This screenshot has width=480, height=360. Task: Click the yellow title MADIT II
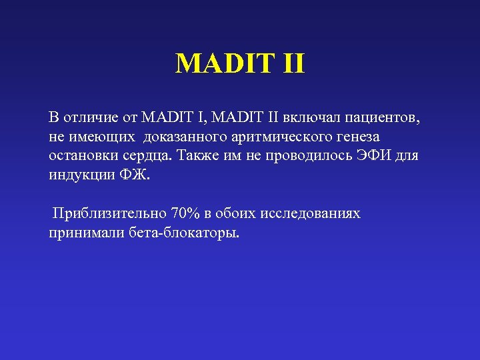[240, 64]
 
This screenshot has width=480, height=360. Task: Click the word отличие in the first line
[87, 119]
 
